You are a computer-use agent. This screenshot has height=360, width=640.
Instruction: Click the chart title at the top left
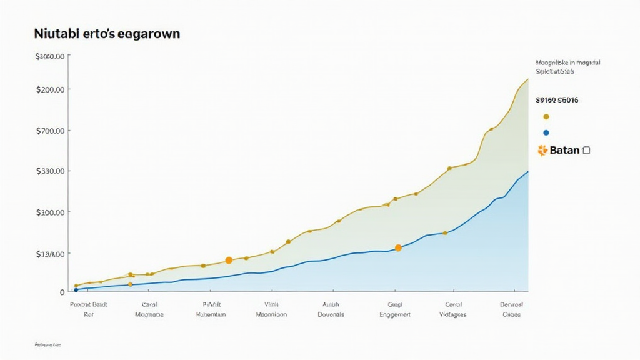pos(107,34)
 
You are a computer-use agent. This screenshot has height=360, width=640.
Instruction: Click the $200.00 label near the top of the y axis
pos(51,89)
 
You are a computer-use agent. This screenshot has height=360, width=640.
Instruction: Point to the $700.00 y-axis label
pos(51,131)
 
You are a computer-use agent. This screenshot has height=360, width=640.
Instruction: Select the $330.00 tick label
pos(51,171)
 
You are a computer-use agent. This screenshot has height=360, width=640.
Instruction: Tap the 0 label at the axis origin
pos(62,292)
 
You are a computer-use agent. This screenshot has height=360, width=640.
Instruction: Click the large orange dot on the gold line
pos(229,260)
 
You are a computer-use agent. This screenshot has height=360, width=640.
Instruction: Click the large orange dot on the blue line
pos(398,248)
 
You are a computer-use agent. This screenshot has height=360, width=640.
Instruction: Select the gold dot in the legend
pos(546,116)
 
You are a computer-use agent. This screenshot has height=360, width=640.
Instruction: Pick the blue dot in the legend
pos(546,132)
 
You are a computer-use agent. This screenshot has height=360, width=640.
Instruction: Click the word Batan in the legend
pos(564,151)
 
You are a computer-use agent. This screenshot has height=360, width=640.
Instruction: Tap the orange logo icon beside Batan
pos(542,150)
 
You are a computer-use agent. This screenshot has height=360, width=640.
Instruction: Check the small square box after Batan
pos(586,150)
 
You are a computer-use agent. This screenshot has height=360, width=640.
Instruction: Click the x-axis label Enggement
pos(395,314)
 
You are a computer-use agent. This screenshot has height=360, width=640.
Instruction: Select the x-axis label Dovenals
pos(331,314)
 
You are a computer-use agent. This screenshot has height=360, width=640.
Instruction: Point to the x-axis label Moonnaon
pos(271,314)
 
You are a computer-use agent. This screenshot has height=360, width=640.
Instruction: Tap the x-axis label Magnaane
pos(149,314)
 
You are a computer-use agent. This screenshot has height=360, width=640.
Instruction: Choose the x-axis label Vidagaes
pos(453,314)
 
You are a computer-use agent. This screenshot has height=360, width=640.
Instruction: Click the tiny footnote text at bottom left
pos(48,344)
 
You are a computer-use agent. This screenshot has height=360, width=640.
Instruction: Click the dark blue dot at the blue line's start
pos(76,290)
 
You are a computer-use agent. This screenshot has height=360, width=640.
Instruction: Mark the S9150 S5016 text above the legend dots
pos(557,99)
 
